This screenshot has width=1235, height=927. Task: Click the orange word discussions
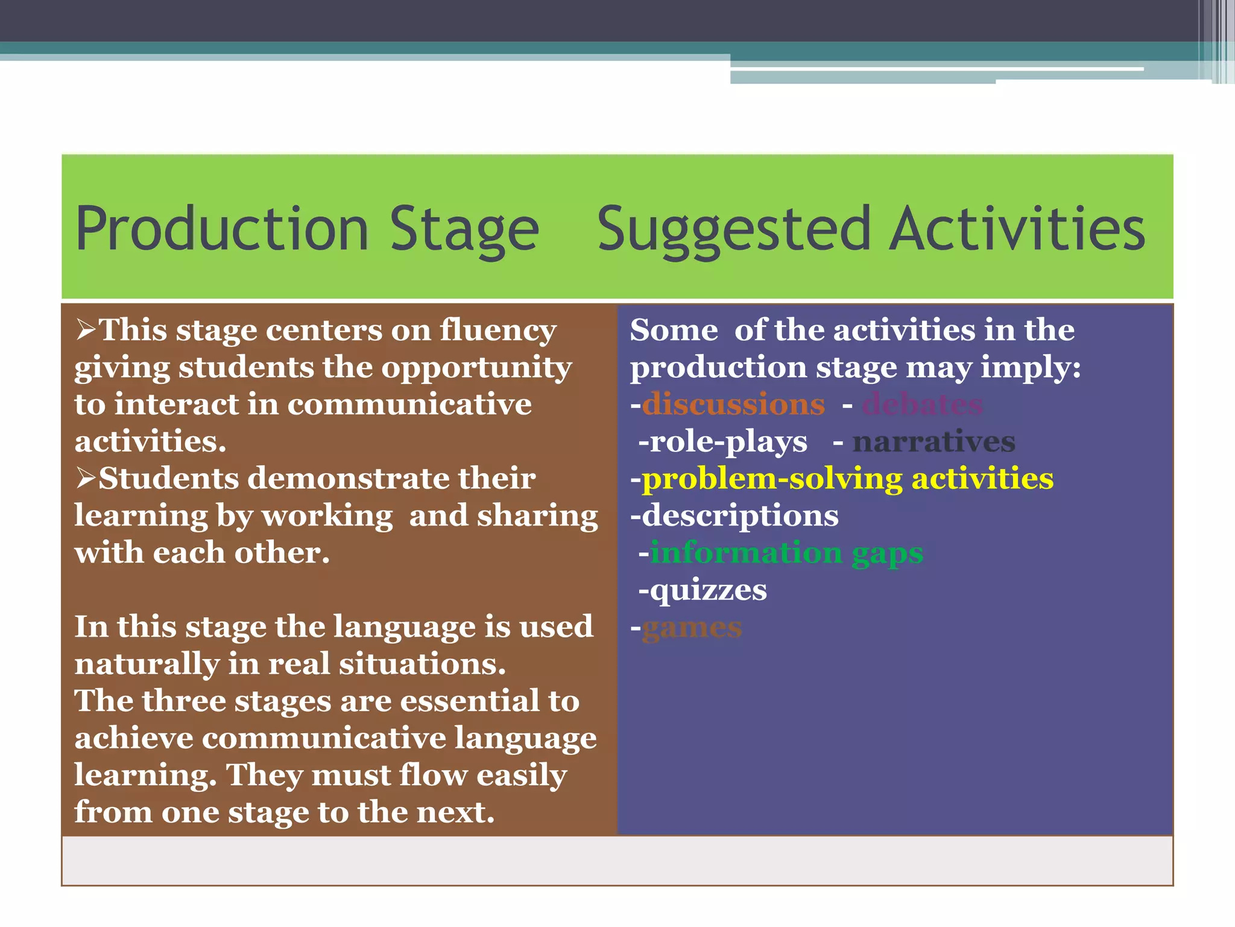coord(733,404)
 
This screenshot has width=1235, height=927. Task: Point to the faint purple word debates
coord(923,404)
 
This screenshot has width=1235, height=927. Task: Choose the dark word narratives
coord(933,442)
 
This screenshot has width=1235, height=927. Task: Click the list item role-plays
coord(727,442)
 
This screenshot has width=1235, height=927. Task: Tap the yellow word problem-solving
coord(772,479)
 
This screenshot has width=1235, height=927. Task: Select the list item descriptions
coord(739,516)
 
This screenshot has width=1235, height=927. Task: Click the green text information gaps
coord(786,553)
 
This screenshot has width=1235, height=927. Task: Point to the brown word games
coord(692,628)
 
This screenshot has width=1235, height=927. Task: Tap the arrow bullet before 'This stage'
coord(86,330)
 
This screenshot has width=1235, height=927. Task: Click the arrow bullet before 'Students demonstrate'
coord(86,479)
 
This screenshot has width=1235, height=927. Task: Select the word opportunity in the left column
coord(476,368)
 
